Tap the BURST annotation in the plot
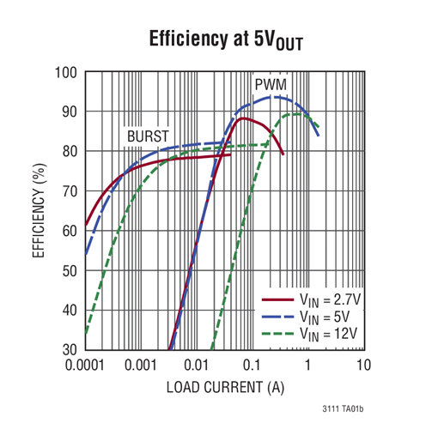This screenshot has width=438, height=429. [x=148, y=136]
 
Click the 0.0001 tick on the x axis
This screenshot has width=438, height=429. [x=85, y=366]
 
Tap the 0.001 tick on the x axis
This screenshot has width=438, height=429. [x=141, y=366]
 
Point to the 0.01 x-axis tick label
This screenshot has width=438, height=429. [x=196, y=366]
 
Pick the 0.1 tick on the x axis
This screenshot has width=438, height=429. [x=252, y=366]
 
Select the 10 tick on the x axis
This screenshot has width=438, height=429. [x=362, y=366]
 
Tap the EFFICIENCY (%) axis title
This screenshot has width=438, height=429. [x=39, y=211]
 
